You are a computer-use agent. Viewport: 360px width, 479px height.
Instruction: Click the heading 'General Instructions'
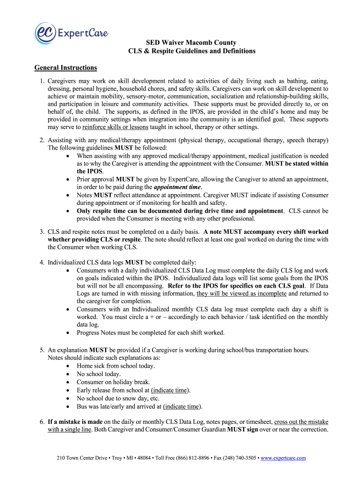tap(65, 68)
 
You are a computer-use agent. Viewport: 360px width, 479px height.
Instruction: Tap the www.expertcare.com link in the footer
tap(283, 458)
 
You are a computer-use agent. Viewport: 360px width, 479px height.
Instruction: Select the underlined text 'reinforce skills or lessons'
tap(115, 127)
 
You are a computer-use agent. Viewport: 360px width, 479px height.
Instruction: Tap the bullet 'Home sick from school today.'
tap(115, 366)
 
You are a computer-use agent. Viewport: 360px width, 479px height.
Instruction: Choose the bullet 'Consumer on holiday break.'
tap(113, 382)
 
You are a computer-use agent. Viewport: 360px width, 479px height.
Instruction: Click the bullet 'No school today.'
tap(99, 374)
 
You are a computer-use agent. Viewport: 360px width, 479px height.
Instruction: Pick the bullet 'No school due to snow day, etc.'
tap(119, 399)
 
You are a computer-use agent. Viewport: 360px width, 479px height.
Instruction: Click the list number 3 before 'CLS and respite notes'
tap(42, 232)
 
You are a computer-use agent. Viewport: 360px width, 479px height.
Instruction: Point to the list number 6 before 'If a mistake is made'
tap(42, 422)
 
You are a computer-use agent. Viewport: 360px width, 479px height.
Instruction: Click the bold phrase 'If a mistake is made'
tap(75, 422)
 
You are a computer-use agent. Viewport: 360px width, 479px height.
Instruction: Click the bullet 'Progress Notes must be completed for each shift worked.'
tap(151, 333)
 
